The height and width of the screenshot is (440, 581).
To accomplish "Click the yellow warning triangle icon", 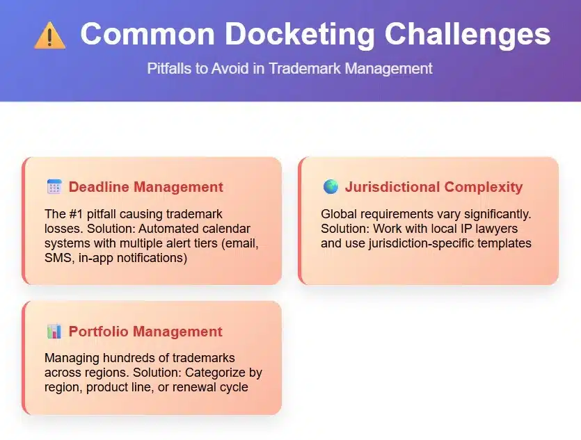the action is (x=49, y=35).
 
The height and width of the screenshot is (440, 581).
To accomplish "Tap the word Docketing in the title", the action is (x=300, y=35).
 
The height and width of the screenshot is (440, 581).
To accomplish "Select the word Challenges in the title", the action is (x=468, y=35).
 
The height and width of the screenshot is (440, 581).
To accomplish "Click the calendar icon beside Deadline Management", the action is (x=54, y=186).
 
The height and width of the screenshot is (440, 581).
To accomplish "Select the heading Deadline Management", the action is (x=146, y=187).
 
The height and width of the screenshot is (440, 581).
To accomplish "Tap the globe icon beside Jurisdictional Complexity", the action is (x=331, y=186).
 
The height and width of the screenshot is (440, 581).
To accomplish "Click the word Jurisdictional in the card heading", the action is (x=392, y=187).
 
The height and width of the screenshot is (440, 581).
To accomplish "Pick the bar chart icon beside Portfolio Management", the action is (x=54, y=331).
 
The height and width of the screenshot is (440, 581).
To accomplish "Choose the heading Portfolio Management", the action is (x=145, y=331).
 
